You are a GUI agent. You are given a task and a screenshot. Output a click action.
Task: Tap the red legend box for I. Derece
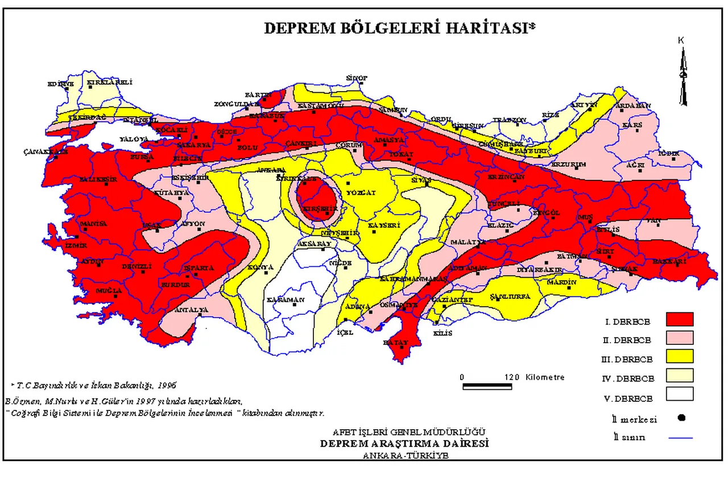point(680,319)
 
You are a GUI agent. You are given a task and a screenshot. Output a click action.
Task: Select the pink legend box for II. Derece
point(680,338)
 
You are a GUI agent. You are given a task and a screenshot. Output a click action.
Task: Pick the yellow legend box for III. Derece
point(680,357)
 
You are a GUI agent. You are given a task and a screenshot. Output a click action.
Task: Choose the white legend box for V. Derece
point(680,394)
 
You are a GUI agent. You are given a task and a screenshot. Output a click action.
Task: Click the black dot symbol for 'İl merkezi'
point(681,418)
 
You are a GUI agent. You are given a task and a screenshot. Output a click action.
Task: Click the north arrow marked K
point(684,74)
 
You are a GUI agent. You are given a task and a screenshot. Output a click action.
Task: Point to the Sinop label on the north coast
point(357,78)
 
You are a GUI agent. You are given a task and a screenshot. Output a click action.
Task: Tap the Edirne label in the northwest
point(61,84)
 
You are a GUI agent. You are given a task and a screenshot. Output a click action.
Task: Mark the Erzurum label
point(568,165)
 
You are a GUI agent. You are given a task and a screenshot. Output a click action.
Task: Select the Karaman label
point(286,301)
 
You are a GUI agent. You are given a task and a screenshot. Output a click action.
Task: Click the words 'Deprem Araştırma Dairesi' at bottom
point(404,443)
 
